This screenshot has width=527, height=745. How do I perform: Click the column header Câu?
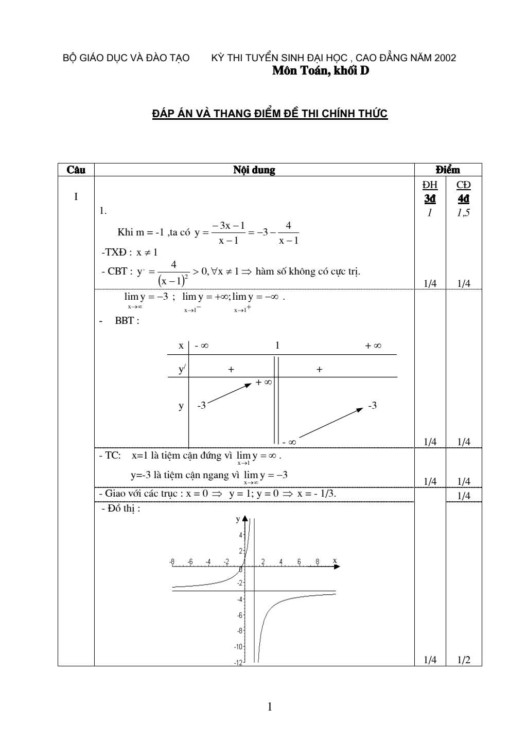click(x=76, y=170)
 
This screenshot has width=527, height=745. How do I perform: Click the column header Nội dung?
click(x=254, y=170)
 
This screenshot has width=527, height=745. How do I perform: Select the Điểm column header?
click(x=448, y=170)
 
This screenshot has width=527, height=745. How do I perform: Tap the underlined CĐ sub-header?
click(x=464, y=185)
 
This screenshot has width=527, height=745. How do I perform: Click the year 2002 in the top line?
click(x=445, y=58)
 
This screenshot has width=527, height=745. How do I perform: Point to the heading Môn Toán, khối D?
click(x=321, y=71)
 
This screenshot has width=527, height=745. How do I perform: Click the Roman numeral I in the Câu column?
click(x=76, y=196)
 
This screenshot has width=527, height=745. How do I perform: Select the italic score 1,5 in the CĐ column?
click(x=464, y=212)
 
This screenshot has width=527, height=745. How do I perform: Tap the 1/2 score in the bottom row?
click(x=464, y=660)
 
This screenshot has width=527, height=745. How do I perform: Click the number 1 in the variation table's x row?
click(x=277, y=346)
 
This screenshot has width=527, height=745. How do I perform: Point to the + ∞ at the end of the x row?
click(x=373, y=346)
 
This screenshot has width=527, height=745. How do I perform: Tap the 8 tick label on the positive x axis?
click(x=318, y=561)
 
